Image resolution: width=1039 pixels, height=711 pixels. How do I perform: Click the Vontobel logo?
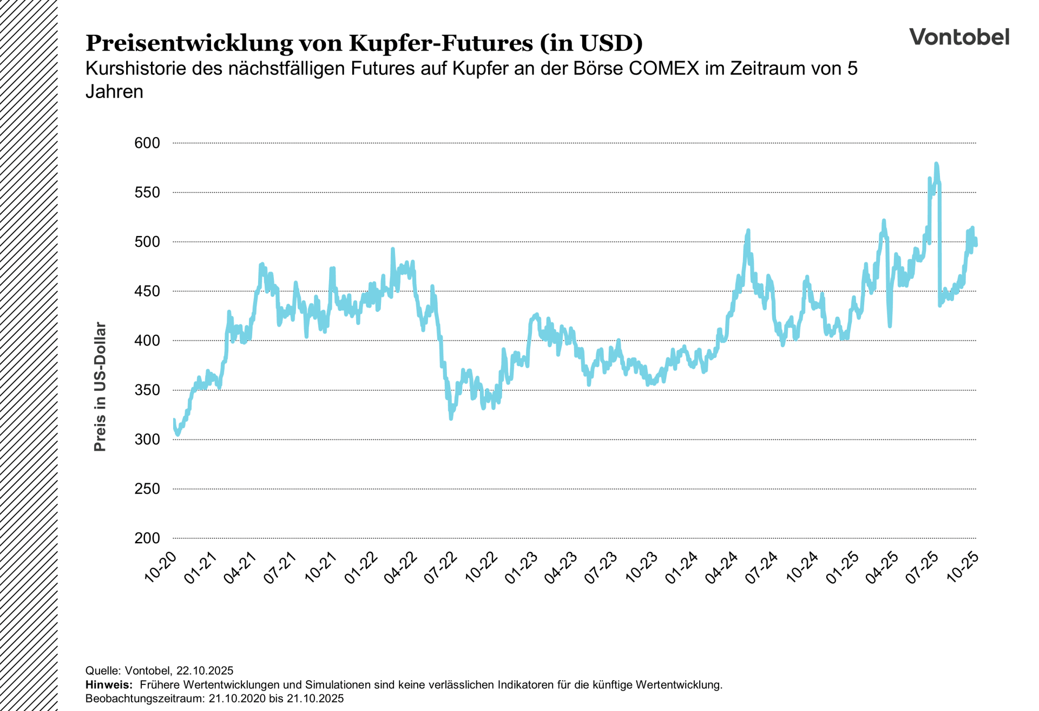point(959,37)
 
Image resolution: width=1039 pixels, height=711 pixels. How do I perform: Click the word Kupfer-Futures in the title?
point(440,43)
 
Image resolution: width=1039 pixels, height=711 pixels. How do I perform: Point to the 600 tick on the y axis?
point(147,143)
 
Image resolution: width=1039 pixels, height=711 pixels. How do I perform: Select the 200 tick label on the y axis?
point(147,538)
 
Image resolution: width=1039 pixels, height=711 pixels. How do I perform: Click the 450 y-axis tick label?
point(147,291)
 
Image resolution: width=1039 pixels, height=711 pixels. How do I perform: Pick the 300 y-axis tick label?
point(147,440)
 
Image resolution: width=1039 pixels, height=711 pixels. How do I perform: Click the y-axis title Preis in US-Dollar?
point(100,387)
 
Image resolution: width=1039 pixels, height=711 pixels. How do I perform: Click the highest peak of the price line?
point(936,164)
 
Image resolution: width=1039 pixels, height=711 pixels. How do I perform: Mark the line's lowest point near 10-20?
point(177,434)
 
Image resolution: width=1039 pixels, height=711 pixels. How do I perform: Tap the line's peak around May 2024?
point(748,231)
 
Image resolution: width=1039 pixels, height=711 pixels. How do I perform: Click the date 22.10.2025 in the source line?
point(205,671)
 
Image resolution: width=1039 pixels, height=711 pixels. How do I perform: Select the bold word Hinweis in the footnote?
point(108,685)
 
